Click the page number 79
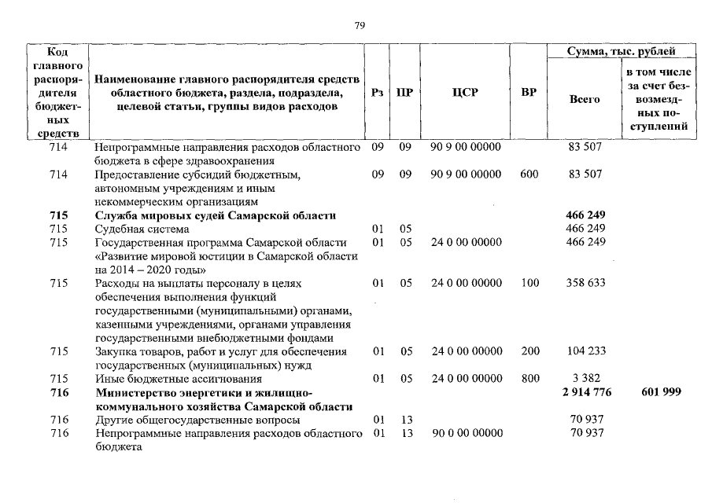click(360, 25)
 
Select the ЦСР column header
click(466, 92)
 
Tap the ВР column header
click(529, 92)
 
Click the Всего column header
click(585, 99)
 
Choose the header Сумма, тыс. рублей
click(622, 51)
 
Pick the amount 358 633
click(585, 283)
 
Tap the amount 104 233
click(585, 351)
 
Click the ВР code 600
click(529, 174)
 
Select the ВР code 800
click(529, 379)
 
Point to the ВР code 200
click(529, 351)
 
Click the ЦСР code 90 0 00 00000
click(466, 433)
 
